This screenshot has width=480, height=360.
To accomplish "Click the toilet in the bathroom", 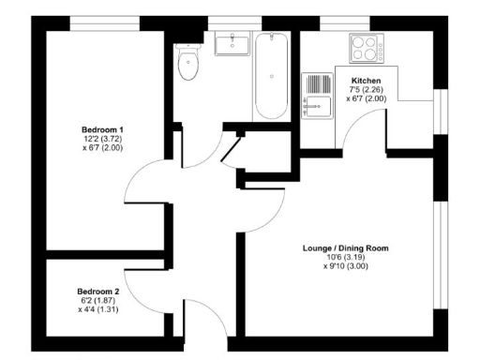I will point(188,64).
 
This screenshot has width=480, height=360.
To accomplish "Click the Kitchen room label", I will point(365,81).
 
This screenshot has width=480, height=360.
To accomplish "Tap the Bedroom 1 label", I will point(102,127).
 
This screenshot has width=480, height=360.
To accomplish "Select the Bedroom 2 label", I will point(98,292).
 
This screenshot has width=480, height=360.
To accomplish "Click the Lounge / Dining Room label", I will point(345,248).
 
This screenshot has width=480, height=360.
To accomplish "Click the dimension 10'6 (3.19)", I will point(345,258).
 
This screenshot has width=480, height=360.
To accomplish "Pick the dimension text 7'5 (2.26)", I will point(365,90).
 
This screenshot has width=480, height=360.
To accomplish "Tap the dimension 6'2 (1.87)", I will point(98,300).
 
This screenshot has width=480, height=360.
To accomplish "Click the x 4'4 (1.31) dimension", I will point(98,309).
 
